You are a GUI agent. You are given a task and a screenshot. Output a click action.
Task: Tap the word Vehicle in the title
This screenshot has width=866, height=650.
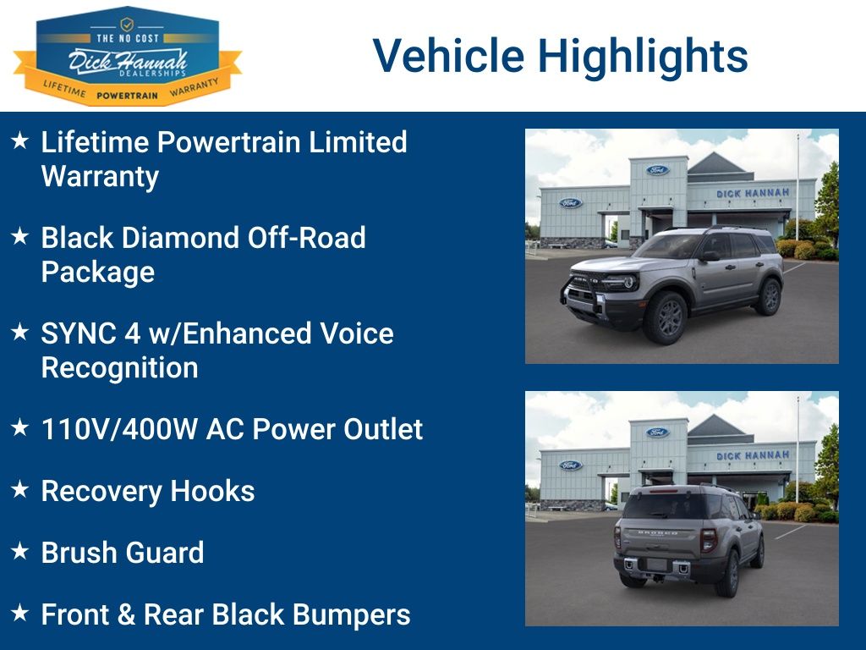pos(448,55)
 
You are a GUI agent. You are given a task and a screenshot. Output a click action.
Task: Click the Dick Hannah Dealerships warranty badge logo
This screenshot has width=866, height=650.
pos(128,56)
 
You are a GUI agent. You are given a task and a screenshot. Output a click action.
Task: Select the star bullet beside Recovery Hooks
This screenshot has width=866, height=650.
pos(20,488)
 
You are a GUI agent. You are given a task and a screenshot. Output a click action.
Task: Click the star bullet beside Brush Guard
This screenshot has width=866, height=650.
pos(20,550)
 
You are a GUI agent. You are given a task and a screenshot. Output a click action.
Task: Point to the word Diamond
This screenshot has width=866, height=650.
pos(179,238)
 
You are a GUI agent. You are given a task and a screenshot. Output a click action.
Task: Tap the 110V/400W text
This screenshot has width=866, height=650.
pos(119,429)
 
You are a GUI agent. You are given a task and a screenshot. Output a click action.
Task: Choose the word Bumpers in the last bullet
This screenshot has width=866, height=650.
pos(351,614)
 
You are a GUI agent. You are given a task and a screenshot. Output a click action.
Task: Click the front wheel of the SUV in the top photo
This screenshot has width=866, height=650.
pos(666,317)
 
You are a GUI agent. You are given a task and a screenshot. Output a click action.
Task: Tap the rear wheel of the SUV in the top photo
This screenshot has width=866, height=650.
pos(770,297)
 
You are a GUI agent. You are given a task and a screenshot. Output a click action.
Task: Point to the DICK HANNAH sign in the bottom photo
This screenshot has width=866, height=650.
pos(752,455)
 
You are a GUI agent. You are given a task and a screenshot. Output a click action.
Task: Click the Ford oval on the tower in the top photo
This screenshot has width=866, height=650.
pos(657,169)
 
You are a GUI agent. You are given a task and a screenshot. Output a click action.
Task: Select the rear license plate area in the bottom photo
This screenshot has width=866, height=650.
pos(658,565)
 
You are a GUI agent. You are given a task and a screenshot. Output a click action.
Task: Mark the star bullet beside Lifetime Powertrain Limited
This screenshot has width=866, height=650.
pos(20,140)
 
